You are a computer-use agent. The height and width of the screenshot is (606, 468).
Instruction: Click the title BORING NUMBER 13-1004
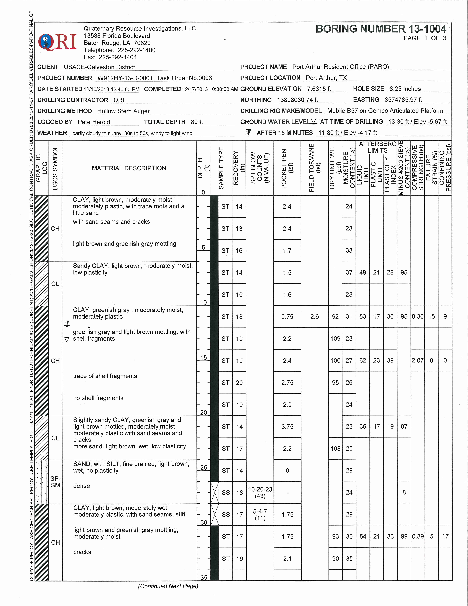coord(381,29)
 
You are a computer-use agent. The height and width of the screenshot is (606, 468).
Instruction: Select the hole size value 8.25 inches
coord(405,89)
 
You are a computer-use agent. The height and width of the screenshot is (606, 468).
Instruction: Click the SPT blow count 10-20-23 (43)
coord(260,493)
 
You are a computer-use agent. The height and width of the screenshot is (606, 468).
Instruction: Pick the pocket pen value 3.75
coord(287,426)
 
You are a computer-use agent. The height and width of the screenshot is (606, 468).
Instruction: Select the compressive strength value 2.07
coord(418,360)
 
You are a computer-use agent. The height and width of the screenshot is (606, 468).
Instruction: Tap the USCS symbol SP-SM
coord(55,482)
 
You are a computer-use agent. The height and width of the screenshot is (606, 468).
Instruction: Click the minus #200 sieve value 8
coord(404,492)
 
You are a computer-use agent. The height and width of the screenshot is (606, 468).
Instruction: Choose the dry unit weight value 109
coord(335,339)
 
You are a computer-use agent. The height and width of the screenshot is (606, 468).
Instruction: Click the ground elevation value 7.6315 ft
coord(319,89)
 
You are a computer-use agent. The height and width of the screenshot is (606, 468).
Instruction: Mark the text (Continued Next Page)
coord(168,586)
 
